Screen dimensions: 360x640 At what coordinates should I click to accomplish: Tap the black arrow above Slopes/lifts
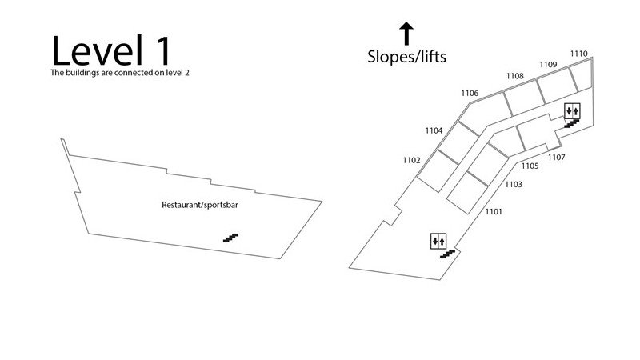(x=406, y=34)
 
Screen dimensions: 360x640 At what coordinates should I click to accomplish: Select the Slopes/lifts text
(x=406, y=57)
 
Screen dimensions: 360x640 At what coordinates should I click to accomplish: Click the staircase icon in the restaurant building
(x=230, y=238)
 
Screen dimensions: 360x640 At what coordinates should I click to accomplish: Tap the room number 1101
(x=493, y=212)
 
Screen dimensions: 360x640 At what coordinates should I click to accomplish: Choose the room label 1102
(x=411, y=161)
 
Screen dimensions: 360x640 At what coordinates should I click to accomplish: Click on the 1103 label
(x=513, y=185)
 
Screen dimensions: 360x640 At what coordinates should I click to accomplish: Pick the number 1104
(x=434, y=130)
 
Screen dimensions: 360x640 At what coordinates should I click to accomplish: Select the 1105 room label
(x=529, y=166)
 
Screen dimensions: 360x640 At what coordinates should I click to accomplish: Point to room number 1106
(x=470, y=94)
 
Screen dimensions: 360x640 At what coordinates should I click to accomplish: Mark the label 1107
(x=557, y=158)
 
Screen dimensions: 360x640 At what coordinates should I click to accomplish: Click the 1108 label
(x=515, y=76)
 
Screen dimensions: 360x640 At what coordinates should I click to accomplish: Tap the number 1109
(x=548, y=64)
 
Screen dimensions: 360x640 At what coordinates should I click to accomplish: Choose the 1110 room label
(x=579, y=54)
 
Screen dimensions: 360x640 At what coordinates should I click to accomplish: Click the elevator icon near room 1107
(x=572, y=110)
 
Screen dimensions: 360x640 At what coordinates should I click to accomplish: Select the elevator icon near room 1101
(x=438, y=240)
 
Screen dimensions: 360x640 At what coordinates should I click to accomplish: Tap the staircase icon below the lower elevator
(x=447, y=254)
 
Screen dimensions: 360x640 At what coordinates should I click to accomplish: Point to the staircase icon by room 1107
(x=571, y=123)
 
